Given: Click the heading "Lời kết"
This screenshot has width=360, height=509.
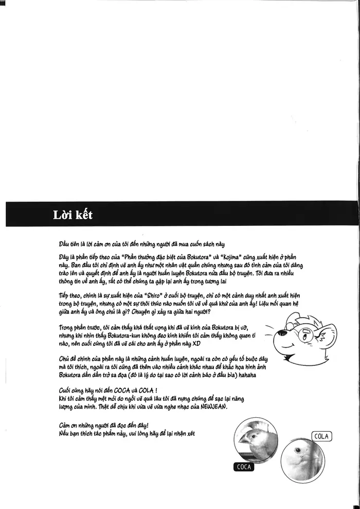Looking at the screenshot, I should click(x=73, y=215).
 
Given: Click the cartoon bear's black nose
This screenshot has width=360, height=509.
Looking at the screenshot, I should click(x=273, y=335).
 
